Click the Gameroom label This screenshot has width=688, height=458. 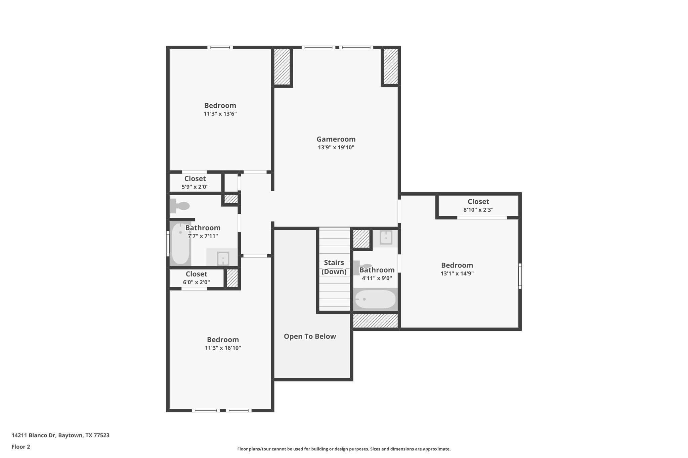click(336, 139)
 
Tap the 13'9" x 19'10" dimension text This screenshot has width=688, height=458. click(336, 147)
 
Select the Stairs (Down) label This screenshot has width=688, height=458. click(334, 267)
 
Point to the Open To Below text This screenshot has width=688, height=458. click(310, 336)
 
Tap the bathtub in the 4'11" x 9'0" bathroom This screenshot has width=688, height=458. click(375, 299)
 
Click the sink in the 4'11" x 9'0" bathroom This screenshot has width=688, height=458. click(386, 238)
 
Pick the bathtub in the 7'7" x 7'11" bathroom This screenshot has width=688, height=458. click(180, 243)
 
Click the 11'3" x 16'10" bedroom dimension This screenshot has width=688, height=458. click(223, 348)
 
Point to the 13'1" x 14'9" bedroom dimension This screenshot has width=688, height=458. click(457, 273)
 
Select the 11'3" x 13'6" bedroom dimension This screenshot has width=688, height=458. click(220, 114)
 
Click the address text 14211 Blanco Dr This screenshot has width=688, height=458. click(60, 436)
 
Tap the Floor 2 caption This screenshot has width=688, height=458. click(21, 447)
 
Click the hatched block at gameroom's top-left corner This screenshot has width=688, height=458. click(282, 67)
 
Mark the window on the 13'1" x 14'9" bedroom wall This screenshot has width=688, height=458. click(520, 276)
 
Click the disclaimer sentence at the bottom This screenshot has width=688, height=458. click(344, 449)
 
